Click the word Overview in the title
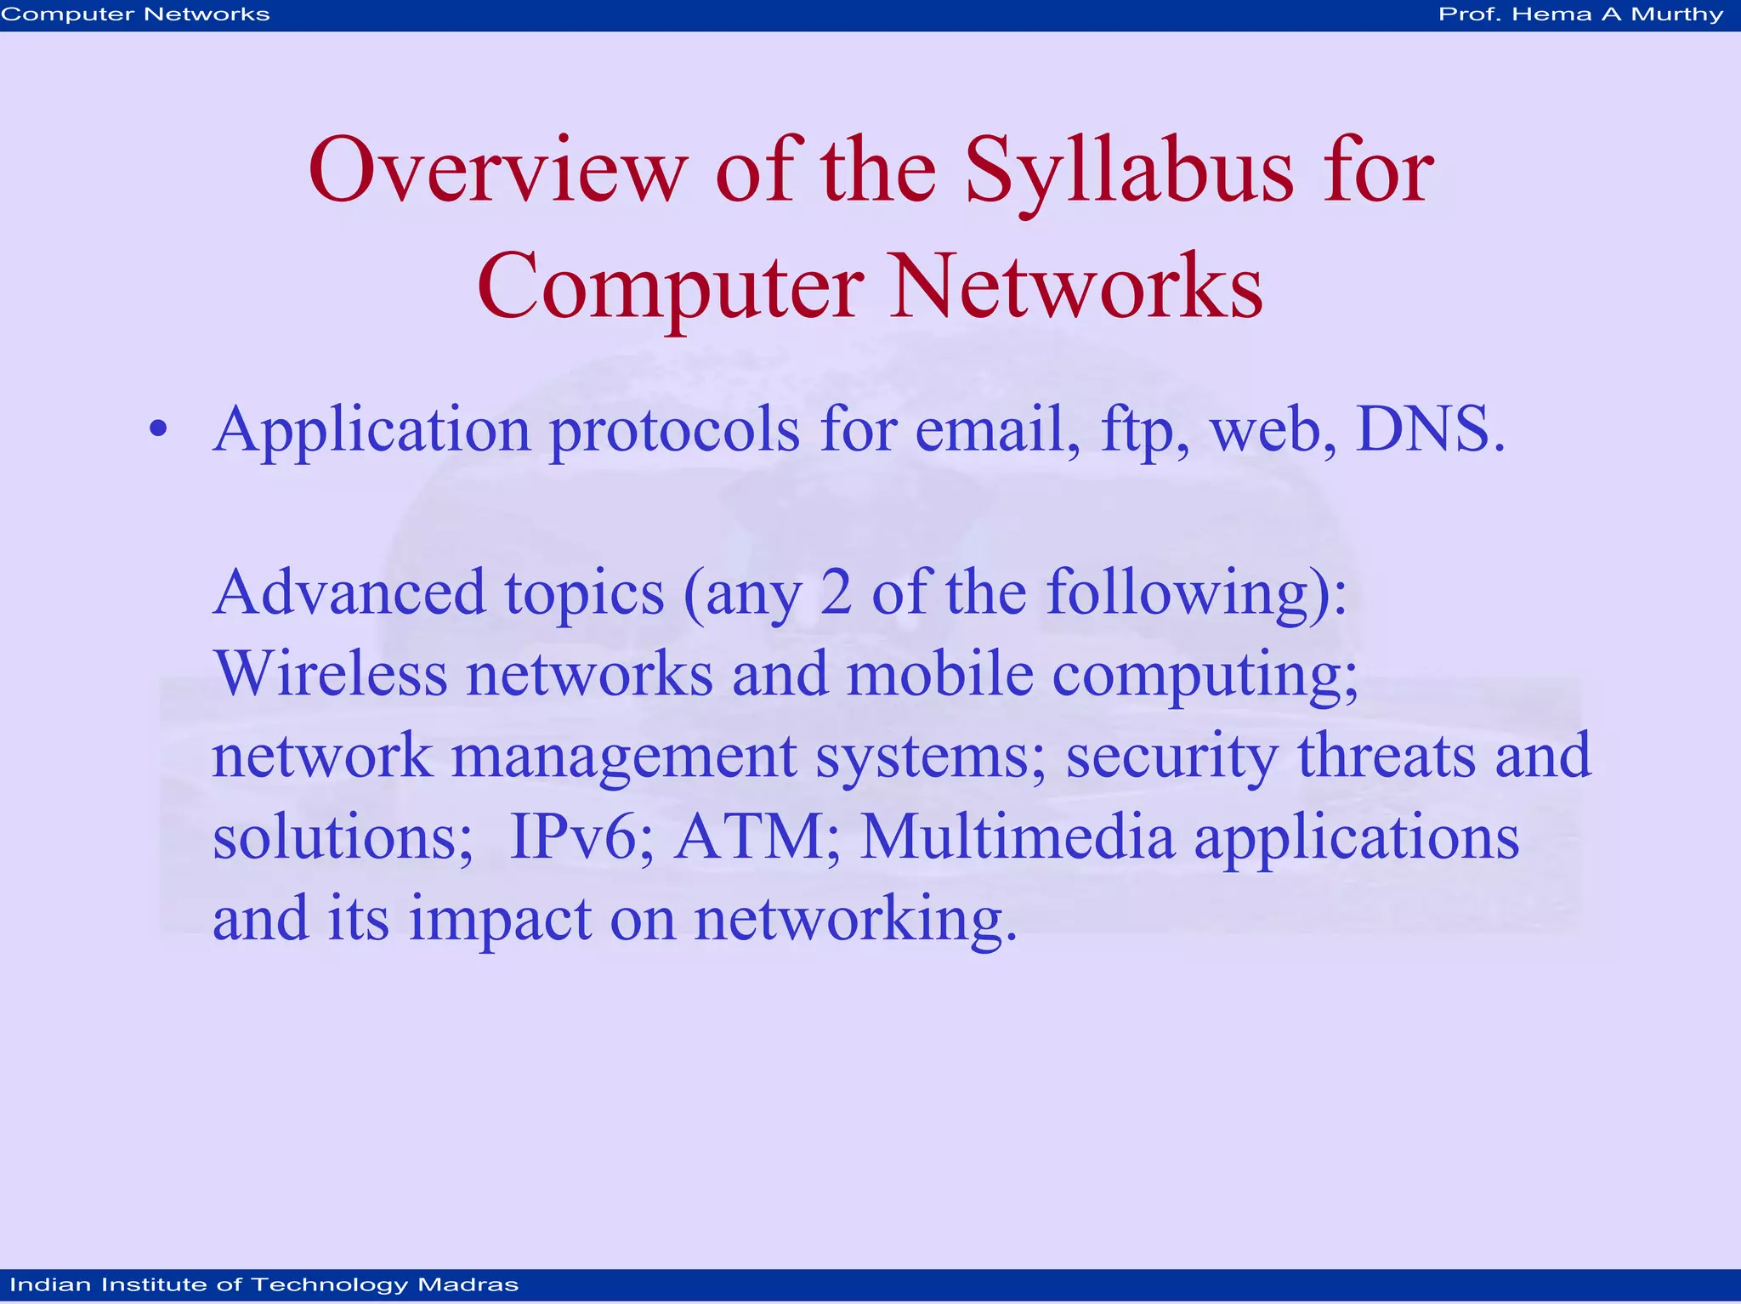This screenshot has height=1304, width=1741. [x=497, y=173]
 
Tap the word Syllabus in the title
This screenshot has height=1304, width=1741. [x=1129, y=173]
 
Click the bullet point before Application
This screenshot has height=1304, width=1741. [x=158, y=431]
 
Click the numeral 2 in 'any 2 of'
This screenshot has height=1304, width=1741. [x=836, y=592]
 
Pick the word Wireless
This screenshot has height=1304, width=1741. [x=330, y=674]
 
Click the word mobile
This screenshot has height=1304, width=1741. [x=940, y=674]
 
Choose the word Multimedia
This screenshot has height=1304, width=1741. [x=1018, y=837]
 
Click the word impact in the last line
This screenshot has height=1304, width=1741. [x=500, y=920]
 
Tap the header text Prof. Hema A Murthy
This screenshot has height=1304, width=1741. [x=1580, y=14]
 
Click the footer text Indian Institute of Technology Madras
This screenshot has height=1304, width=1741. [x=264, y=1284]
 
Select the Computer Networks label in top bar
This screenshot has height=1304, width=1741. [x=136, y=14]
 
